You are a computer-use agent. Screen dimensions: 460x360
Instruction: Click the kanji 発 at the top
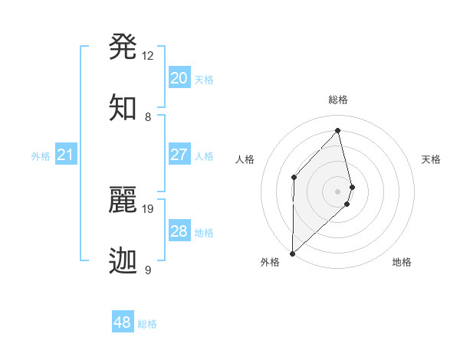124,47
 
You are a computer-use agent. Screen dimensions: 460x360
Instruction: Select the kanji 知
124,108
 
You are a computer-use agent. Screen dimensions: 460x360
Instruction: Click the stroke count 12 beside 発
148,56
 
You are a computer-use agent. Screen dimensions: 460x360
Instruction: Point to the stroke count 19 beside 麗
148,208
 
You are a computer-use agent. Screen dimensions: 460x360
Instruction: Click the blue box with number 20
179,78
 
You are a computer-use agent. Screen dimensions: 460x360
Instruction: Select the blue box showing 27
179,155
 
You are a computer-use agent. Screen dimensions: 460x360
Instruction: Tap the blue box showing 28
179,231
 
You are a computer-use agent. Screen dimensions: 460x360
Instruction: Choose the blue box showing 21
66,155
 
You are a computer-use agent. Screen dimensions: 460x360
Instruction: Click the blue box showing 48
123,322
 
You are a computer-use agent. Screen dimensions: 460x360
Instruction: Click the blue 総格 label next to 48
147,324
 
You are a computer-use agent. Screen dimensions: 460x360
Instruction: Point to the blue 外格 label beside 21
41,156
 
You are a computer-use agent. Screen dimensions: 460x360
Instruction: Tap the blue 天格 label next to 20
204,80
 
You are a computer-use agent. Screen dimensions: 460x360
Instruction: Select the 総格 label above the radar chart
338,100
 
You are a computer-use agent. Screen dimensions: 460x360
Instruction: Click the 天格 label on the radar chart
432,159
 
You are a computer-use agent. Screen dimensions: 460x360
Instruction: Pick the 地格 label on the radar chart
402,262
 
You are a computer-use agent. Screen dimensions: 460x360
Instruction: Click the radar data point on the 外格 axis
292,253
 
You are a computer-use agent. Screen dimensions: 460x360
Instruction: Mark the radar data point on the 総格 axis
338,130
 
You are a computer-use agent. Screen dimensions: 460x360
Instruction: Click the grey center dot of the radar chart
338,190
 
